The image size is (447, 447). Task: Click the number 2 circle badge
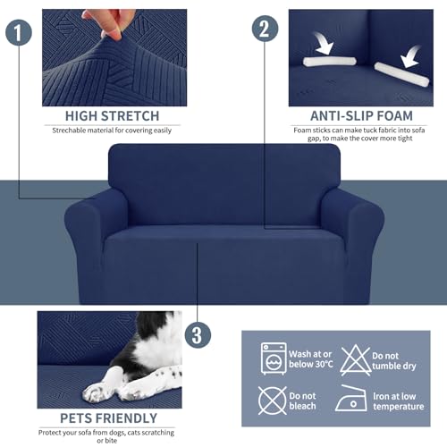coord(263,27)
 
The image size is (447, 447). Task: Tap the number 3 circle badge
coord(197,336)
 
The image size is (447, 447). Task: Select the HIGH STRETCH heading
coord(112,116)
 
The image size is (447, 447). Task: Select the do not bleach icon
coord(273,398)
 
